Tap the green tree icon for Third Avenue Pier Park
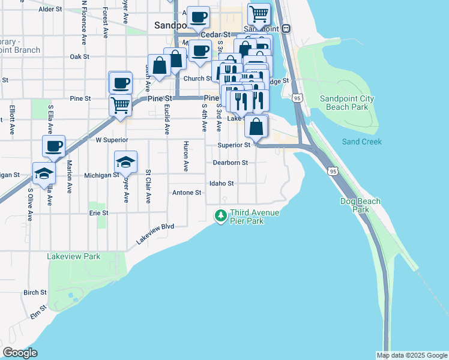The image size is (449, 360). point(221,215)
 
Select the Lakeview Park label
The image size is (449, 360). point(74,256)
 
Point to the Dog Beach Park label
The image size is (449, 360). point(360,206)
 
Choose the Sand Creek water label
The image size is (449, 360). point(362,142)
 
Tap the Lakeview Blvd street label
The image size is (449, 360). point(154,233)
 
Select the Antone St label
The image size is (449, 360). point(187,193)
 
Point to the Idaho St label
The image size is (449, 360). point(221,184)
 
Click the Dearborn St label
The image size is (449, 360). point(231,163)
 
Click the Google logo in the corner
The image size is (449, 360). point(20,352)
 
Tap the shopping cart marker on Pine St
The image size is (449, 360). point(120,105)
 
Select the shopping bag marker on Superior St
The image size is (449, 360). point(256,127)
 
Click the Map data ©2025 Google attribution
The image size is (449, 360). point(411,355)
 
